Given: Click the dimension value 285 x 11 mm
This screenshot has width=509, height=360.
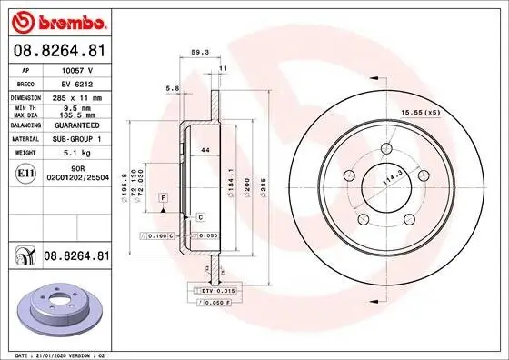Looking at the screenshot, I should [78, 95].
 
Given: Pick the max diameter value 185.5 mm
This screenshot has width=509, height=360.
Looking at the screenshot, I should [76, 115].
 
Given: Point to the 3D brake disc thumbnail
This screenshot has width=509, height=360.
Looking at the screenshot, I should [58, 310].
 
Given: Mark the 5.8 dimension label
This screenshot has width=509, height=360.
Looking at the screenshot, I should [172, 88].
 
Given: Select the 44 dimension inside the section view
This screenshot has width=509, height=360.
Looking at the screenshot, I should [205, 148].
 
